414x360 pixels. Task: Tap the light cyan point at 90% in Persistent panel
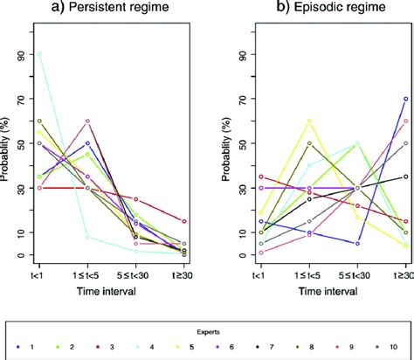point(39,54)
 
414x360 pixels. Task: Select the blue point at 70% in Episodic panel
point(404,99)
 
